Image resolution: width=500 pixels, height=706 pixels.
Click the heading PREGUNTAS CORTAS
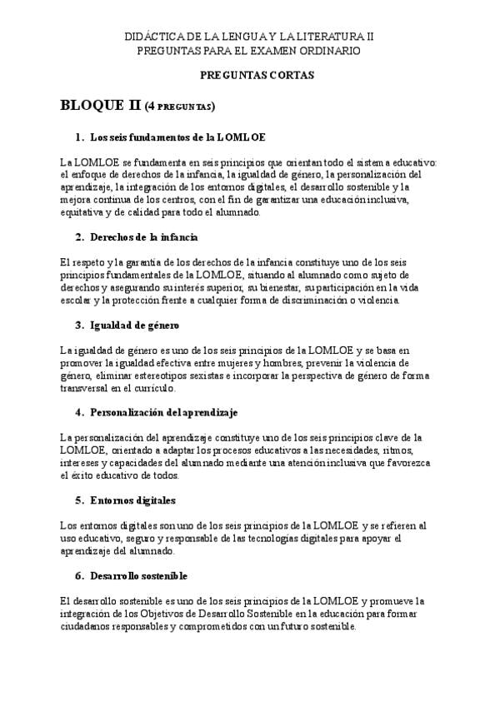[257, 75]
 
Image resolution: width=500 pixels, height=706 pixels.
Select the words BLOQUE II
[101, 105]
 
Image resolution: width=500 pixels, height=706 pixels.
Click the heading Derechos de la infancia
[138, 237]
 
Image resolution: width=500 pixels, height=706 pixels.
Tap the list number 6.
[78, 576]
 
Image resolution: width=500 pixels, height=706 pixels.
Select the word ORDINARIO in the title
[330, 51]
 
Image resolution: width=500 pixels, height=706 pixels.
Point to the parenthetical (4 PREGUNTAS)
[181, 107]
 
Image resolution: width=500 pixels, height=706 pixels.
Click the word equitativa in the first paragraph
[84, 212]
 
